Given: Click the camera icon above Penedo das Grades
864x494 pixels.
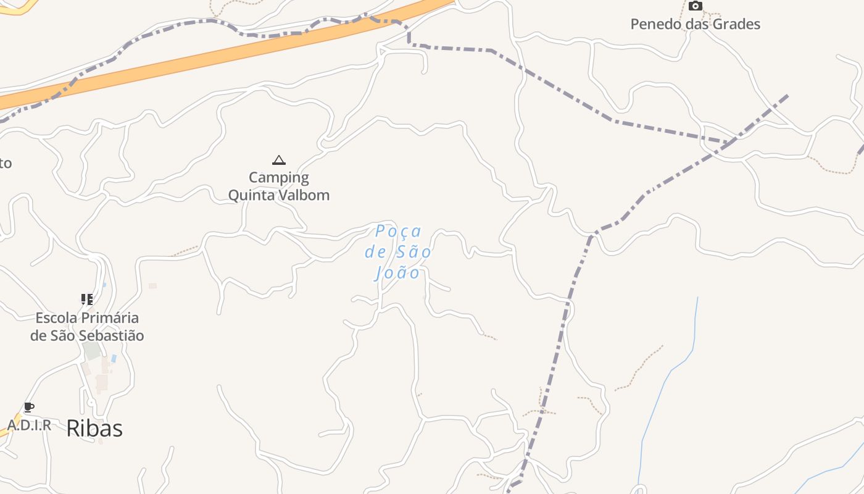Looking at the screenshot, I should [696, 6].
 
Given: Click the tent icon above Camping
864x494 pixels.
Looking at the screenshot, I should [279, 161].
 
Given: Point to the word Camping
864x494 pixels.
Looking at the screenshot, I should [279, 178].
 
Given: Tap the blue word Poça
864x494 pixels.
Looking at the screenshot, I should [399, 232].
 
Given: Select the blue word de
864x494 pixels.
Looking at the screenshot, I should [375, 252].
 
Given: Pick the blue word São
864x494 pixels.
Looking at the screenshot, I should [413, 252].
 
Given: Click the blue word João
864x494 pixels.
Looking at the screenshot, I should [398, 272].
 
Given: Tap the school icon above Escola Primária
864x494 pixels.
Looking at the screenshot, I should [87, 299].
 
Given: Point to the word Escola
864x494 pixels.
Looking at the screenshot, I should [57, 319].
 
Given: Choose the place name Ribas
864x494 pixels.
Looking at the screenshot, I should [94, 429].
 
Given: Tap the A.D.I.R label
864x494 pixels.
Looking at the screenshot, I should [29, 425].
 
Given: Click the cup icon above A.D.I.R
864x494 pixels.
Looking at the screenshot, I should [28, 407].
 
